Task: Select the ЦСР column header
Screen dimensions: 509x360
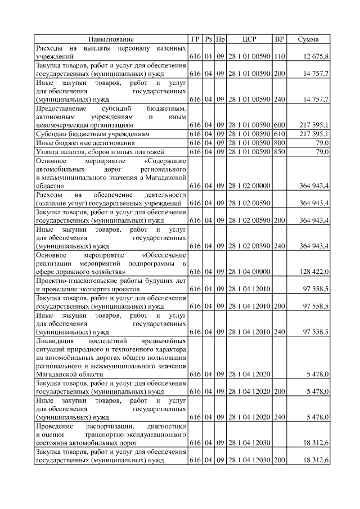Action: (249, 39)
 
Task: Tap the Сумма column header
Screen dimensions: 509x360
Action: (308, 39)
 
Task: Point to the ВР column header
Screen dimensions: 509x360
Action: (279, 39)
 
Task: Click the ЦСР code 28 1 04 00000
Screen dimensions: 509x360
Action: (249, 272)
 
